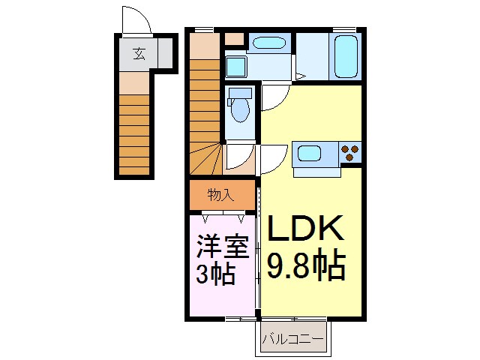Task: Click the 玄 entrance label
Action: [140, 53]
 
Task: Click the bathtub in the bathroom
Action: [346, 58]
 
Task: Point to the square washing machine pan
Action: [237, 68]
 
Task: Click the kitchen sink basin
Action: [310, 154]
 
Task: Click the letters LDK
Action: [305, 229]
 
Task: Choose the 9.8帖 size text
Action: [306, 264]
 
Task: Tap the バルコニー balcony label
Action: [293, 340]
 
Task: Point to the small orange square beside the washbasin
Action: [235, 39]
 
